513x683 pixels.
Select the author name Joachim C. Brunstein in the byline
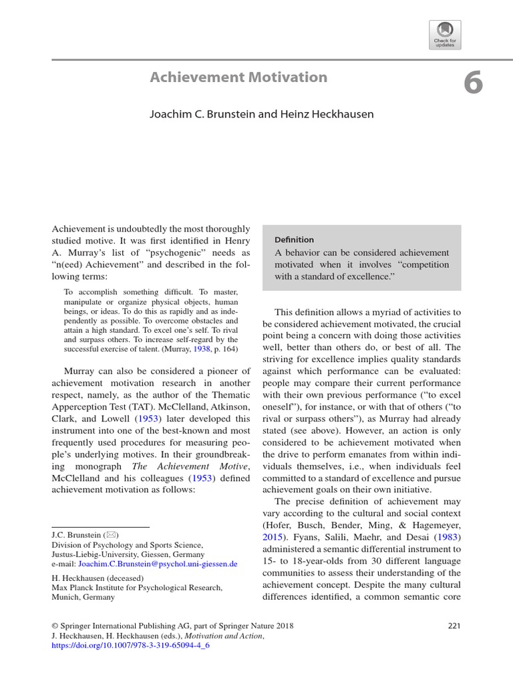202,114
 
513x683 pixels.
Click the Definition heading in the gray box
294,239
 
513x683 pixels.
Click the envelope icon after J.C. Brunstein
110,535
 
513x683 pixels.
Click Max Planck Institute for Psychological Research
137,588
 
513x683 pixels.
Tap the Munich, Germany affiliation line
83,597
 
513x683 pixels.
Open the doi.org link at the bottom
126,646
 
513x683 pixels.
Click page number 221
452,626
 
